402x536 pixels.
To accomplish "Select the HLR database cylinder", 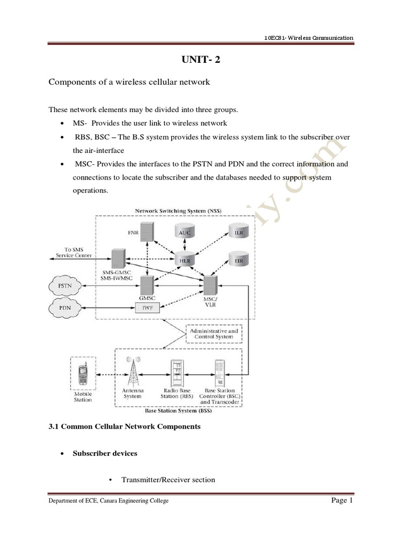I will pyautogui.click(x=184, y=260).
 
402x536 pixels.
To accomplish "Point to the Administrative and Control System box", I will pyautogui.click(x=215, y=334).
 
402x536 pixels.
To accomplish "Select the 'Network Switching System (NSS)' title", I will pyautogui.click(x=178, y=211).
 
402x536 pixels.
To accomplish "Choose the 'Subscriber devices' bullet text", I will pyautogui.click(x=105, y=453).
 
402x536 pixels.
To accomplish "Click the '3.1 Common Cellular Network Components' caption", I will pyautogui.click(x=125, y=427).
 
